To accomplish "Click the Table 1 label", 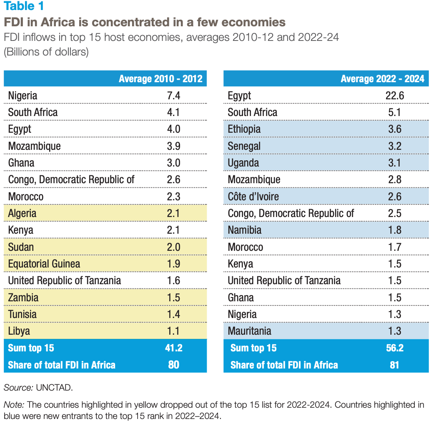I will pyautogui.click(x=24, y=7).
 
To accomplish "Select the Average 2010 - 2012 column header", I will pyautogui.click(x=160, y=78).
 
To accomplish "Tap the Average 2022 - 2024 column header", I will pyautogui.click(x=382, y=78).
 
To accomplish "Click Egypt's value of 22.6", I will pyautogui.click(x=394, y=96).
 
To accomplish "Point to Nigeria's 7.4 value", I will pyautogui.click(x=173, y=96).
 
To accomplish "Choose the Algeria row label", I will pyautogui.click(x=22, y=214).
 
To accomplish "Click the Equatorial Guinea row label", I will pyautogui.click(x=44, y=264).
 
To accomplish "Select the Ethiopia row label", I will pyautogui.click(x=244, y=129).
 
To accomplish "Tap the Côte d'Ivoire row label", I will pyautogui.click(x=253, y=197).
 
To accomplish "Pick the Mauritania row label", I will pyautogui.click(x=249, y=331).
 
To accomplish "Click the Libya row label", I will pyautogui.click(x=19, y=331).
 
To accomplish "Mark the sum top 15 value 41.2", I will pyautogui.click(x=173, y=348).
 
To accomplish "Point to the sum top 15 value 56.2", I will pyautogui.click(x=394, y=348).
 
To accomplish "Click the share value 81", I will pyautogui.click(x=394, y=365).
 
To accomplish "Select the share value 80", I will pyautogui.click(x=173, y=365).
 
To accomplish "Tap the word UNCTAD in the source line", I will pyautogui.click(x=54, y=387).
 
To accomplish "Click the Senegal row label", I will pyautogui.click(x=244, y=146).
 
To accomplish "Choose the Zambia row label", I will pyautogui.click(x=23, y=298).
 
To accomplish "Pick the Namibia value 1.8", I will pyautogui.click(x=394, y=230).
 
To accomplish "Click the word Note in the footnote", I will pyautogui.click(x=13, y=404).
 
